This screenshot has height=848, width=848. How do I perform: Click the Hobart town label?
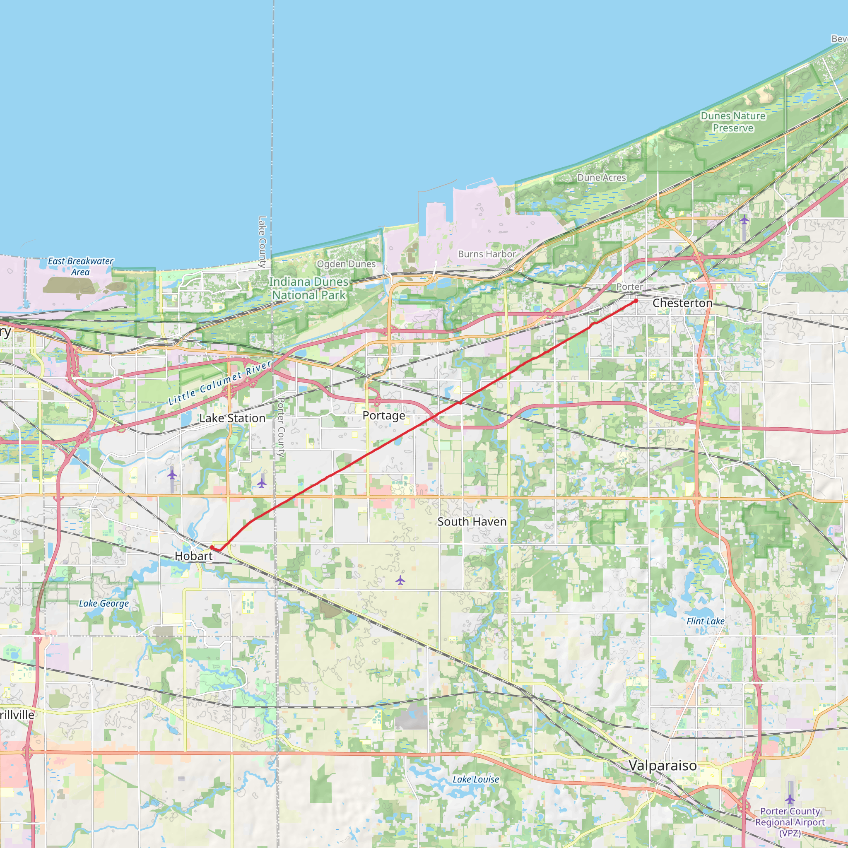pos(193,556)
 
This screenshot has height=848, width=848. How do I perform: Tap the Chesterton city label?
pos(682,303)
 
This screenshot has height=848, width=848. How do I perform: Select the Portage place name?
pos(383,415)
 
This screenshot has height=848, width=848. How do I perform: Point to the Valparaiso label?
pos(662,766)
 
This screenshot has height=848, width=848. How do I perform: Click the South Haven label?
pos(472,521)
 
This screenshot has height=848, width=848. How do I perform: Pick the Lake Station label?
pos(232,418)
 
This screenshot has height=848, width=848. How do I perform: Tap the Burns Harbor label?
pos(487,254)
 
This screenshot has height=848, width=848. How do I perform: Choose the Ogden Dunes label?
pos(346,264)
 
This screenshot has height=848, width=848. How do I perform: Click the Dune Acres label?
pos(601,178)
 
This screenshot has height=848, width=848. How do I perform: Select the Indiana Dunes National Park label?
pos(309,288)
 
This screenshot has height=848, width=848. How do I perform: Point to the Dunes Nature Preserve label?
pos(733,122)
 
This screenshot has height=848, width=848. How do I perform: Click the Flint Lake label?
pos(705,621)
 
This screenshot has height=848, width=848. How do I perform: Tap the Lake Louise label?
pos(476,779)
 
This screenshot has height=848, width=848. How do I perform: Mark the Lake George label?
pos(104,604)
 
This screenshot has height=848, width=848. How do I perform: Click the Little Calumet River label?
pos(220,383)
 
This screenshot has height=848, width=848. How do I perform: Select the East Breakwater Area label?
pos(80,266)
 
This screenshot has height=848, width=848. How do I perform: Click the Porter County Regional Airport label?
pos(790,822)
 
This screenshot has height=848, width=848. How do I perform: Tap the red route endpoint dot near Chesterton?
pos(636,301)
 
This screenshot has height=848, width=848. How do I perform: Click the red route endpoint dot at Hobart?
pos(212,547)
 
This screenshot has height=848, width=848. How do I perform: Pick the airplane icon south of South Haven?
pos(400,581)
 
